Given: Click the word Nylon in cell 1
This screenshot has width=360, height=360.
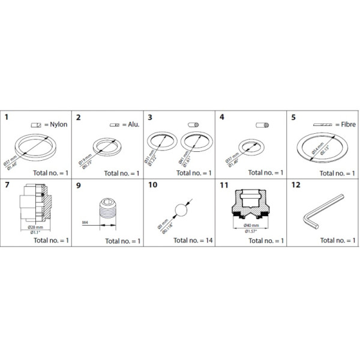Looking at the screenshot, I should tap(56, 125).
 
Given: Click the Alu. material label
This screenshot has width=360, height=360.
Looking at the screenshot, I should tap(132, 125).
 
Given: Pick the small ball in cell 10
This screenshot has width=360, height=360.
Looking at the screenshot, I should tap(180, 211).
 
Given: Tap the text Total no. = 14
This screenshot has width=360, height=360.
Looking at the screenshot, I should tap(191, 241).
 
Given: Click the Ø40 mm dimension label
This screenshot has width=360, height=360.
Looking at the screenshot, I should tap(251, 226).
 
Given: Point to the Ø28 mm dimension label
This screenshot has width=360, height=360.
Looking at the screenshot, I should tap(34, 227).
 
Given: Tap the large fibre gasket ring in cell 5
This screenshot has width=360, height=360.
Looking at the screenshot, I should tap(323, 148).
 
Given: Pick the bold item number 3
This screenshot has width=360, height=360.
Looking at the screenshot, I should tap(150, 118).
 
